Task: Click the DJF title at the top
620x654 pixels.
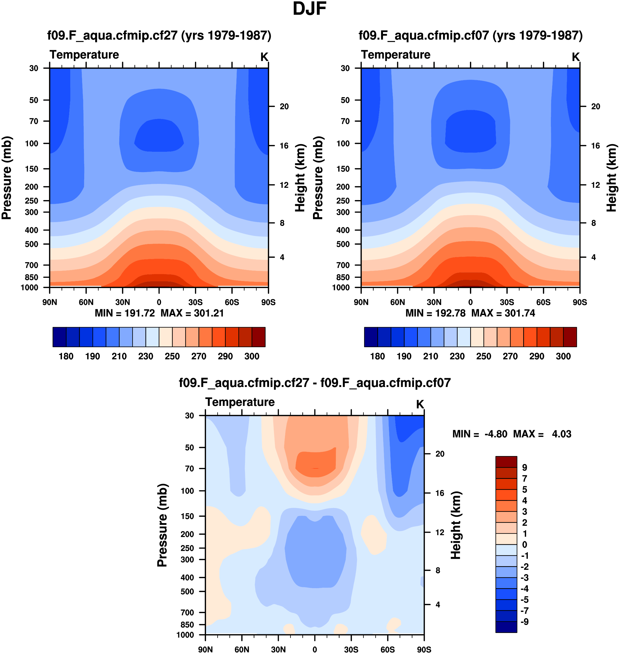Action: pos(309,9)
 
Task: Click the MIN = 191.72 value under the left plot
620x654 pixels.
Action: pos(125,313)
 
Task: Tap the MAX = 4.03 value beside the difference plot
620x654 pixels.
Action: pos(542,434)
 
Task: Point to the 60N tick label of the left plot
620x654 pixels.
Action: pos(86,302)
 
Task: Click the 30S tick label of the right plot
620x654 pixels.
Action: pos(507,302)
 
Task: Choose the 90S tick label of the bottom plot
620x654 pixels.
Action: pos(424,649)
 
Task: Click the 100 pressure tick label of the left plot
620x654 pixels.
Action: pos(32,144)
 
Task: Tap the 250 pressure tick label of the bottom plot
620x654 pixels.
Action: pos(187,548)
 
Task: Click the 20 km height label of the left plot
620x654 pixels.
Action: pos(284,106)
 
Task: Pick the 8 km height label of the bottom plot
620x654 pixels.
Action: pos(438,570)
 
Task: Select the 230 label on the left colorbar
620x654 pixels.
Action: pos(146,357)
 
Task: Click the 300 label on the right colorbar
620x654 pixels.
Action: pos(563,357)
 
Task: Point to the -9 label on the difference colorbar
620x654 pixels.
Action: pos(525,622)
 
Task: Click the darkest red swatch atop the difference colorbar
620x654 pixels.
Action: pos(506,462)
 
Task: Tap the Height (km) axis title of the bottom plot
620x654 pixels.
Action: pos(456,525)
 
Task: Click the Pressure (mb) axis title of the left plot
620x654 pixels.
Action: pos(7,178)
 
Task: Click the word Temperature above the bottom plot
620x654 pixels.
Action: pos(240,402)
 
